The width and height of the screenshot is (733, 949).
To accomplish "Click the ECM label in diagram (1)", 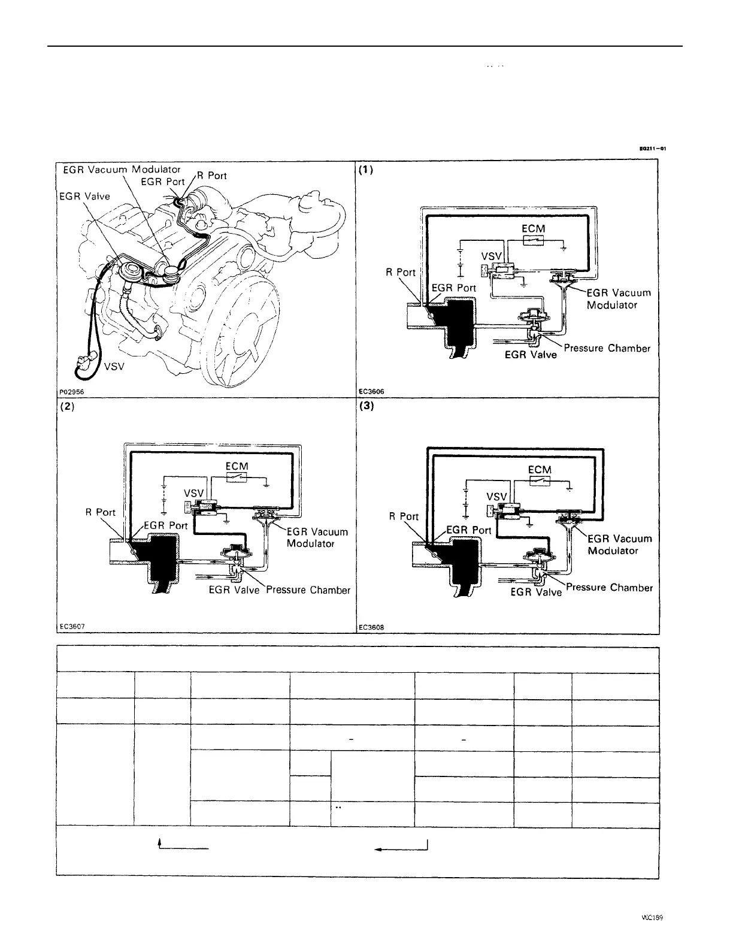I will coord(533,228).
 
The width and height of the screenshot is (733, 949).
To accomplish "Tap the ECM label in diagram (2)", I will coord(237,466).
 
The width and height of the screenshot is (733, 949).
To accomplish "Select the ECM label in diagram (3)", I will coord(540,470).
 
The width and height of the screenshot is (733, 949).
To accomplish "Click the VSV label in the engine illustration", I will coord(114,367).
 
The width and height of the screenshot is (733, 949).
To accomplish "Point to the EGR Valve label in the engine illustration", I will coord(84,196).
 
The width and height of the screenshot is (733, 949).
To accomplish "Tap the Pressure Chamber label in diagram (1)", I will coord(607,348).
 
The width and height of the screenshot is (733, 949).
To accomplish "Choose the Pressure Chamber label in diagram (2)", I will coord(308,590).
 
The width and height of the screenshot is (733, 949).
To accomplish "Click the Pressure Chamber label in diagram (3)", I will coord(610,588).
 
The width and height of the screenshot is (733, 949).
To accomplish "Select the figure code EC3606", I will coord(371,392).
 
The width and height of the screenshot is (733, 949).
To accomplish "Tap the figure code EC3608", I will coord(371,628).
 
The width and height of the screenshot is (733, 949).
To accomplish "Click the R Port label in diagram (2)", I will coord(101,512).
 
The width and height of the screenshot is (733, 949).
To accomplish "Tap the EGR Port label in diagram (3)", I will coord(469,530).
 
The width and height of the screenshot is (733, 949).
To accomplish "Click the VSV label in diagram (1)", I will coord(491,256).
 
